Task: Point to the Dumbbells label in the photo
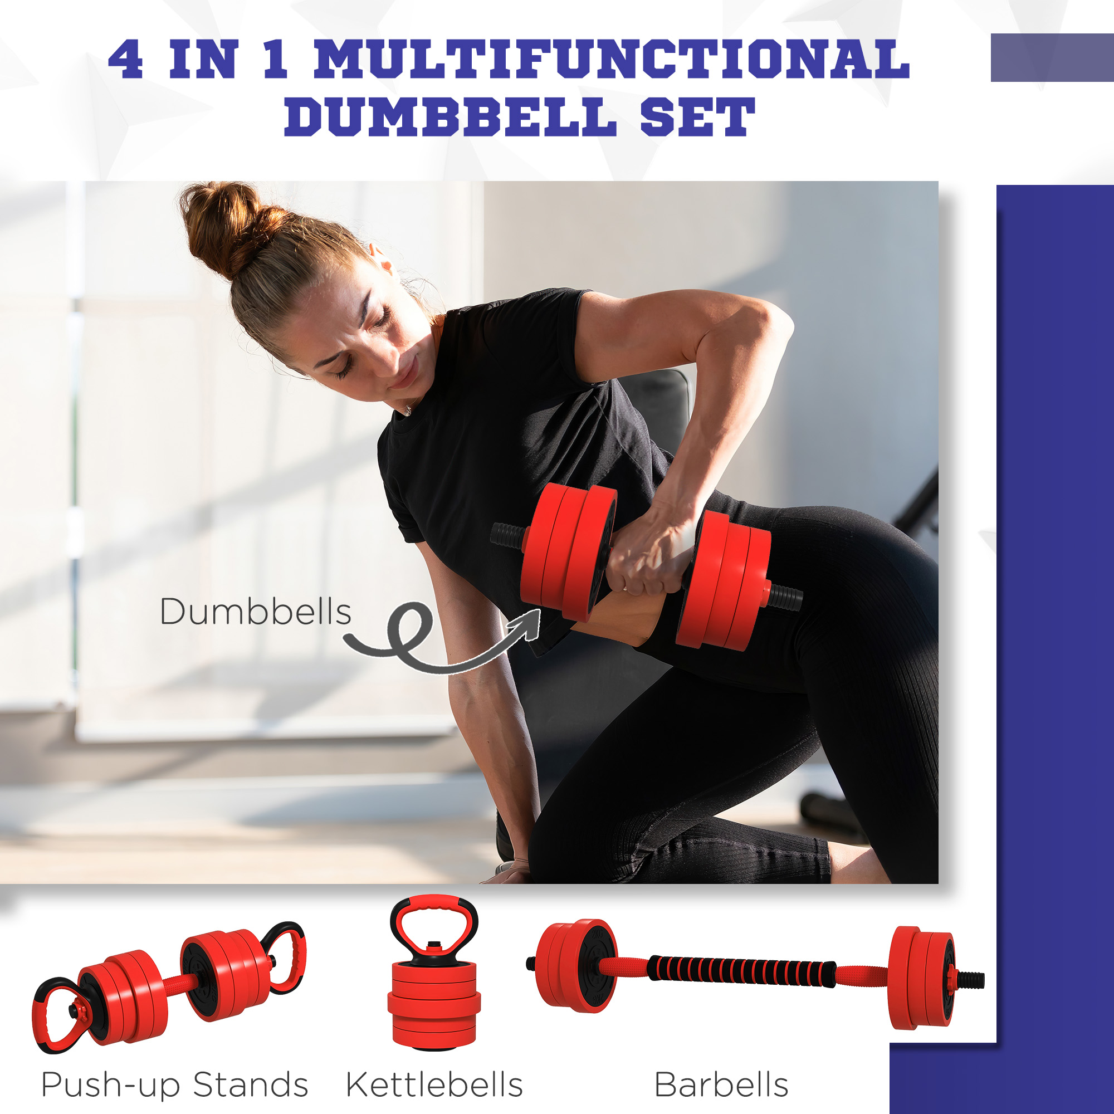tap(256, 612)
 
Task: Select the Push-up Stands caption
tap(175, 1084)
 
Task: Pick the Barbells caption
tap(721, 1084)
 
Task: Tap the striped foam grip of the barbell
tap(741, 970)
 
